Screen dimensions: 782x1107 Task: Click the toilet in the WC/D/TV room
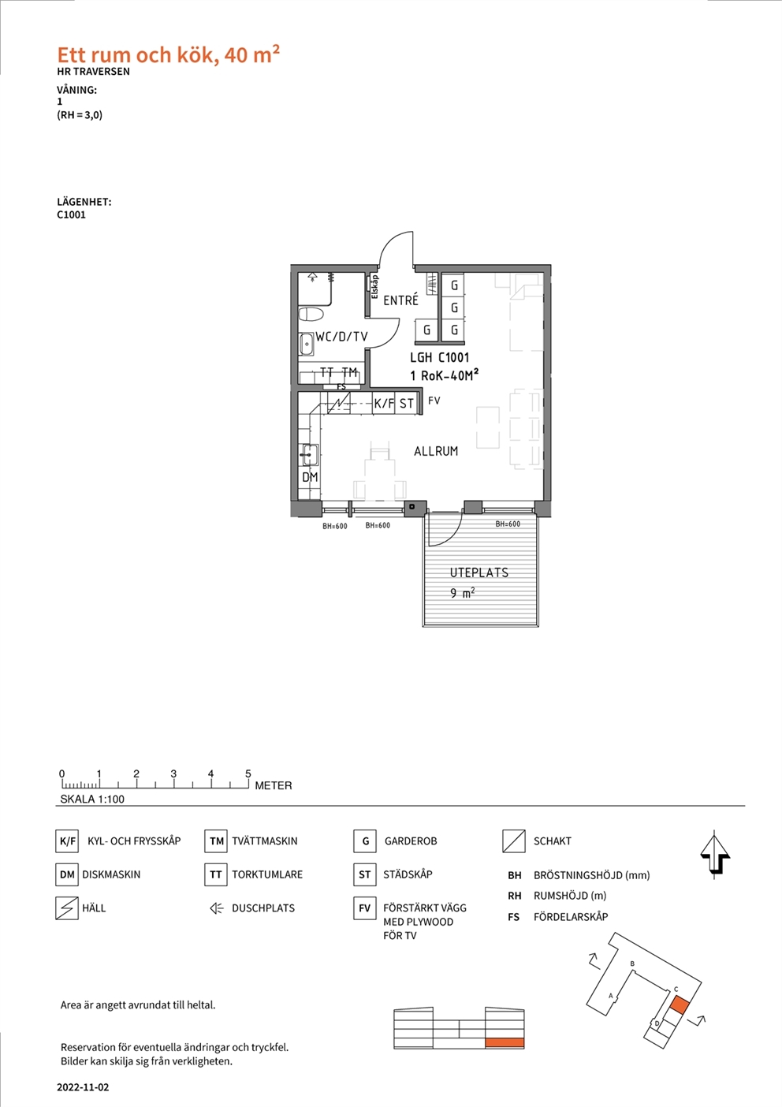point(311,315)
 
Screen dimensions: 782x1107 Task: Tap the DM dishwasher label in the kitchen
point(310,477)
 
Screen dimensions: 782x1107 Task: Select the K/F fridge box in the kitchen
point(384,403)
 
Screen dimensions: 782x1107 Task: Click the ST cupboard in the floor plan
point(407,403)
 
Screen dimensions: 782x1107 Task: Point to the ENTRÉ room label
point(400,300)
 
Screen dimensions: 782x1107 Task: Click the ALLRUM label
point(436,451)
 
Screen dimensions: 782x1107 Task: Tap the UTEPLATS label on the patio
point(479,572)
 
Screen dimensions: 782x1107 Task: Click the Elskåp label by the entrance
point(374,287)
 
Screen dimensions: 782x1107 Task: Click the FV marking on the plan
point(434,401)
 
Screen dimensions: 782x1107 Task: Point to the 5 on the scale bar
point(248,773)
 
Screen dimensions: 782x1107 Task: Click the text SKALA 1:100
point(92,799)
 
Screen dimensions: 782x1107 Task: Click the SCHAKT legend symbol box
point(514,841)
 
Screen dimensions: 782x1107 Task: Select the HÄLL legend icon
point(67,908)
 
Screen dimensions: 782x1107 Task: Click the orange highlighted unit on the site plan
point(679,1005)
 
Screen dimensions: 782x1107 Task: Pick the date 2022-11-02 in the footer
point(83,1088)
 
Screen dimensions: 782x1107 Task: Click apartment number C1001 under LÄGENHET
point(71,215)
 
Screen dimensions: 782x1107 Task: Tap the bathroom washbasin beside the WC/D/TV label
point(307,344)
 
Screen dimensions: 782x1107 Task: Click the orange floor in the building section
point(505,1043)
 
